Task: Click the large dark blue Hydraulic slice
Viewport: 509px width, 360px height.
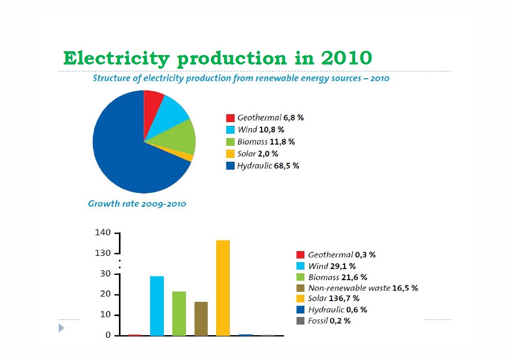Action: [x=127, y=153]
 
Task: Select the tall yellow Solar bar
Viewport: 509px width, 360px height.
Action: [x=223, y=288]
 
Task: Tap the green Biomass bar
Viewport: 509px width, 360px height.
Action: [x=179, y=313]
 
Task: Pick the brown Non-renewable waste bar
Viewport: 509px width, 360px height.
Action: [x=201, y=318]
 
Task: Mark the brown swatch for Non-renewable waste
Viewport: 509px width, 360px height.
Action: [x=301, y=288]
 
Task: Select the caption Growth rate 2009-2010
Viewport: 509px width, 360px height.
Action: [x=137, y=204]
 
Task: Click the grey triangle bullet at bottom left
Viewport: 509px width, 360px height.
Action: [x=61, y=328]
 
